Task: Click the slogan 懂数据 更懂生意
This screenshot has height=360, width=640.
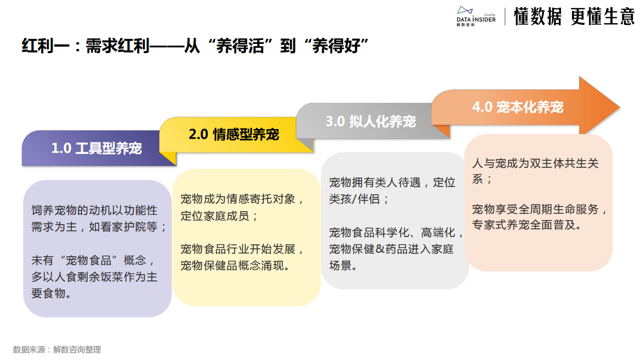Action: click(574, 17)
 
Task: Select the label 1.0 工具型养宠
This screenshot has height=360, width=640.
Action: click(97, 148)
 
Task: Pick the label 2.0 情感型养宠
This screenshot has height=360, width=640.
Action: click(234, 134)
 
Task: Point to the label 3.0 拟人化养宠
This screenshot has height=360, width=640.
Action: click(371, 121)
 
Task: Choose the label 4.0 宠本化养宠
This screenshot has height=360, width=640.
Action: click(518, 107)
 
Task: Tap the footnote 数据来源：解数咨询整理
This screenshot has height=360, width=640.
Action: click(57, 350)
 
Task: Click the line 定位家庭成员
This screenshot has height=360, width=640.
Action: click(219, 215)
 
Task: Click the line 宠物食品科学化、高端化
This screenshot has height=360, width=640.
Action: click(395, 232)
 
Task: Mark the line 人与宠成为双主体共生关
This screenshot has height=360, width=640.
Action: click(535, 163)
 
